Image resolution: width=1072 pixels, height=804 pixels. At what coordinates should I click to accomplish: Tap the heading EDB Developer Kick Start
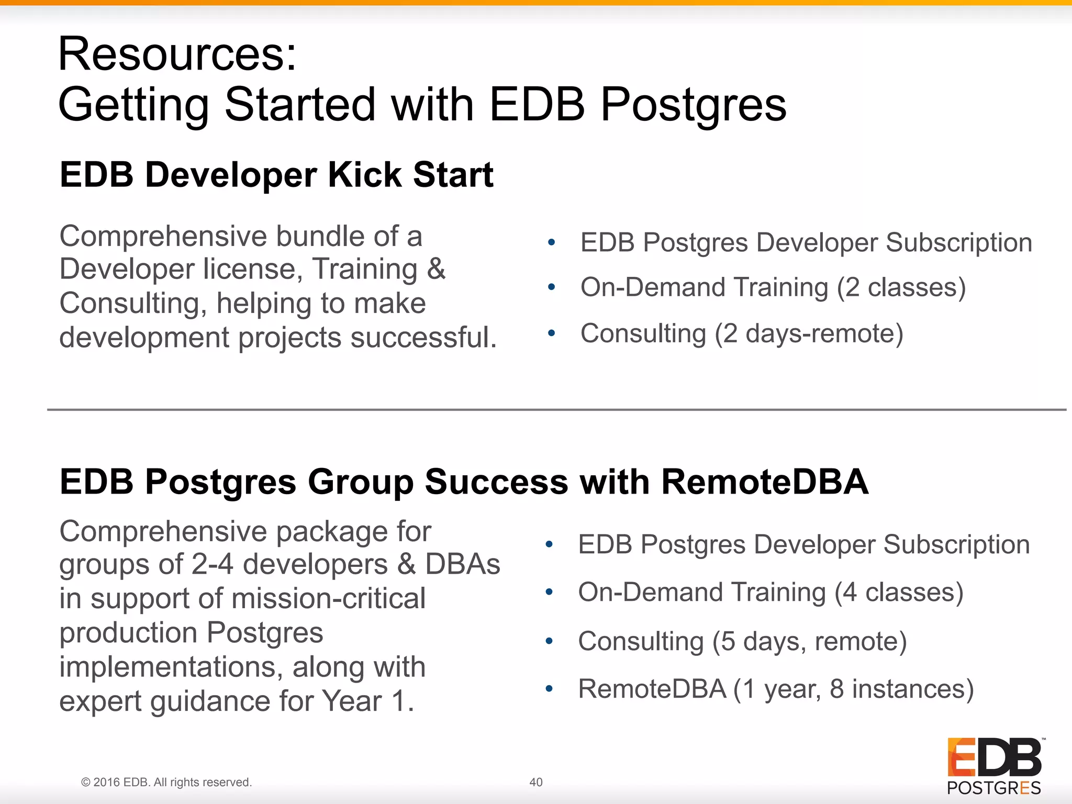click(276, 174)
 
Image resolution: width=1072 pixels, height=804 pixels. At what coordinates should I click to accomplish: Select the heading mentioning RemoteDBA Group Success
click(464, 481)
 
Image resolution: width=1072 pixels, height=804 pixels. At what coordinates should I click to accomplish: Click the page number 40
click(535, 782)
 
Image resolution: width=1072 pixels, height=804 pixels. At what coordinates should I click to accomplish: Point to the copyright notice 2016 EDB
click(166, 782)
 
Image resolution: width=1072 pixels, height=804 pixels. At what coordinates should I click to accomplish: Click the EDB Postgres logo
click(994, 765)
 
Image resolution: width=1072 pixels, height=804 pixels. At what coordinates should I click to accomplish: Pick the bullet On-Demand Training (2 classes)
click(773, 287)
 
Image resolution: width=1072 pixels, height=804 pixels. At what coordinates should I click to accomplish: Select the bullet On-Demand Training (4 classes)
click(770, 593)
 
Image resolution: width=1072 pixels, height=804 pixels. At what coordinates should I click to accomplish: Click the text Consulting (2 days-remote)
click(742, 333)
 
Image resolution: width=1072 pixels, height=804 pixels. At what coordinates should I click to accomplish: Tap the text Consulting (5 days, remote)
click(742, 641)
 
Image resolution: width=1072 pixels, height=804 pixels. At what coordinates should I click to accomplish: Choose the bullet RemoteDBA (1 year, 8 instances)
click(776, 689)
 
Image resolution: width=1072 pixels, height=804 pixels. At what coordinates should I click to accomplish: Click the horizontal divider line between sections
click(555, 410)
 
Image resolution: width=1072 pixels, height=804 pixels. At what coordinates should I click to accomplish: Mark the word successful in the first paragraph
click(423, 337)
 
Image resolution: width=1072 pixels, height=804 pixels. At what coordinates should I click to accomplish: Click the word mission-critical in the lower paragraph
click(328, 598)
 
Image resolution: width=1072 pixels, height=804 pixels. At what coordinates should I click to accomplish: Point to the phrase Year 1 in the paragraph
click(367, 701)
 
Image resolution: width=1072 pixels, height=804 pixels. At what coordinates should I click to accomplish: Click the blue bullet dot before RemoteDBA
click(549, 689)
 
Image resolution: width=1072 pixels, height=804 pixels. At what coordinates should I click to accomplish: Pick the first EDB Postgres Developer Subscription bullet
click(806, 243)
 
